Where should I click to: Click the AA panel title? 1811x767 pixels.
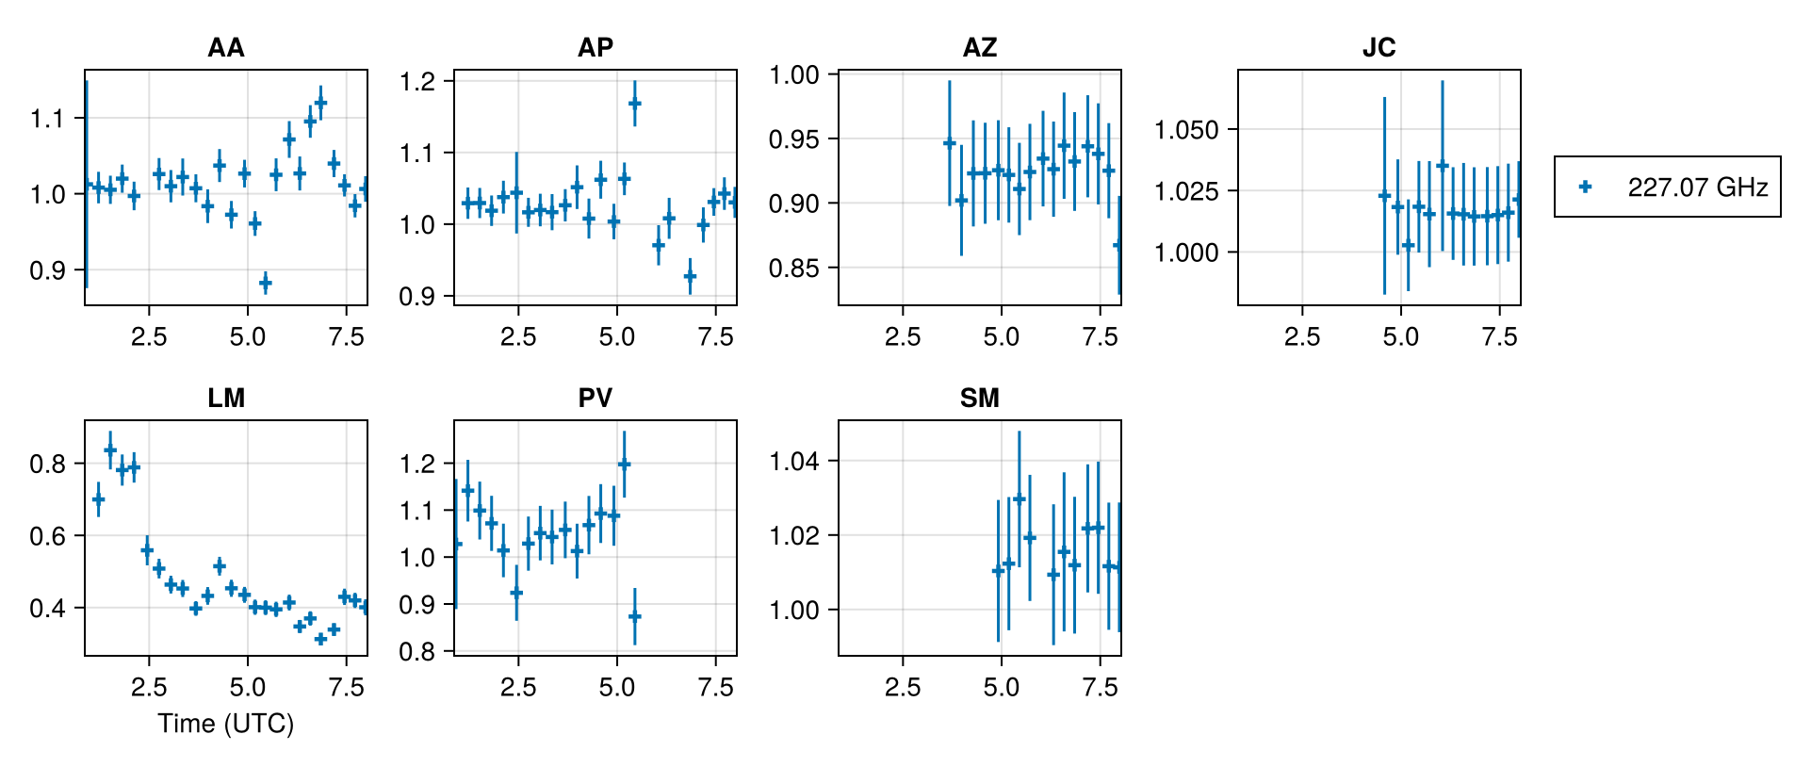click(x=226, y=47)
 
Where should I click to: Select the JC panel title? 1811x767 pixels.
click(x=1379, y=47)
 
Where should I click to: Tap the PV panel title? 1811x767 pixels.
click(x=596, y=398)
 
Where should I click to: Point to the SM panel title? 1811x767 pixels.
click(x=980, y=398)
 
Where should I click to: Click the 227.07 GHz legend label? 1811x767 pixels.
click(x=1697, y=188)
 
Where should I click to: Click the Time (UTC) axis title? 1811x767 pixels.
click(x=226, y=724)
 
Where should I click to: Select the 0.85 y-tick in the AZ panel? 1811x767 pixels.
click(x=796, y=269)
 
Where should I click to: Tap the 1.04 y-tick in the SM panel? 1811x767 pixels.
click(x=796, y=462)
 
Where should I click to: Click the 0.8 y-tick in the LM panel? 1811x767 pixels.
click(x=48, y=464)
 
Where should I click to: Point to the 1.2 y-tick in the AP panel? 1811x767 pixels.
click(x=417, y=82)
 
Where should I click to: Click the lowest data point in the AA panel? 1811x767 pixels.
click(x=266, y=283)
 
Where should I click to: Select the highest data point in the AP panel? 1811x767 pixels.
click(x=635, y=103)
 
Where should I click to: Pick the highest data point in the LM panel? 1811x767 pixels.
click(x=110, y=449)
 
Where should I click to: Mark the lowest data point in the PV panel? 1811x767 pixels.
click(x=635, y=617)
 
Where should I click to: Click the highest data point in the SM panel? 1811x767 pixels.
click(x=1019, y=498)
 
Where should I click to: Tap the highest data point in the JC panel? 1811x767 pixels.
click(x=1443, y=165)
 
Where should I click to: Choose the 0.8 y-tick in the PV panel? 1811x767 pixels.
click(x=417, y=652)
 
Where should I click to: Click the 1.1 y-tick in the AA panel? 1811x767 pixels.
click(x=48, y=119)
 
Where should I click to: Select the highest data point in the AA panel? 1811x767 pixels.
click(x=320, y=103)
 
